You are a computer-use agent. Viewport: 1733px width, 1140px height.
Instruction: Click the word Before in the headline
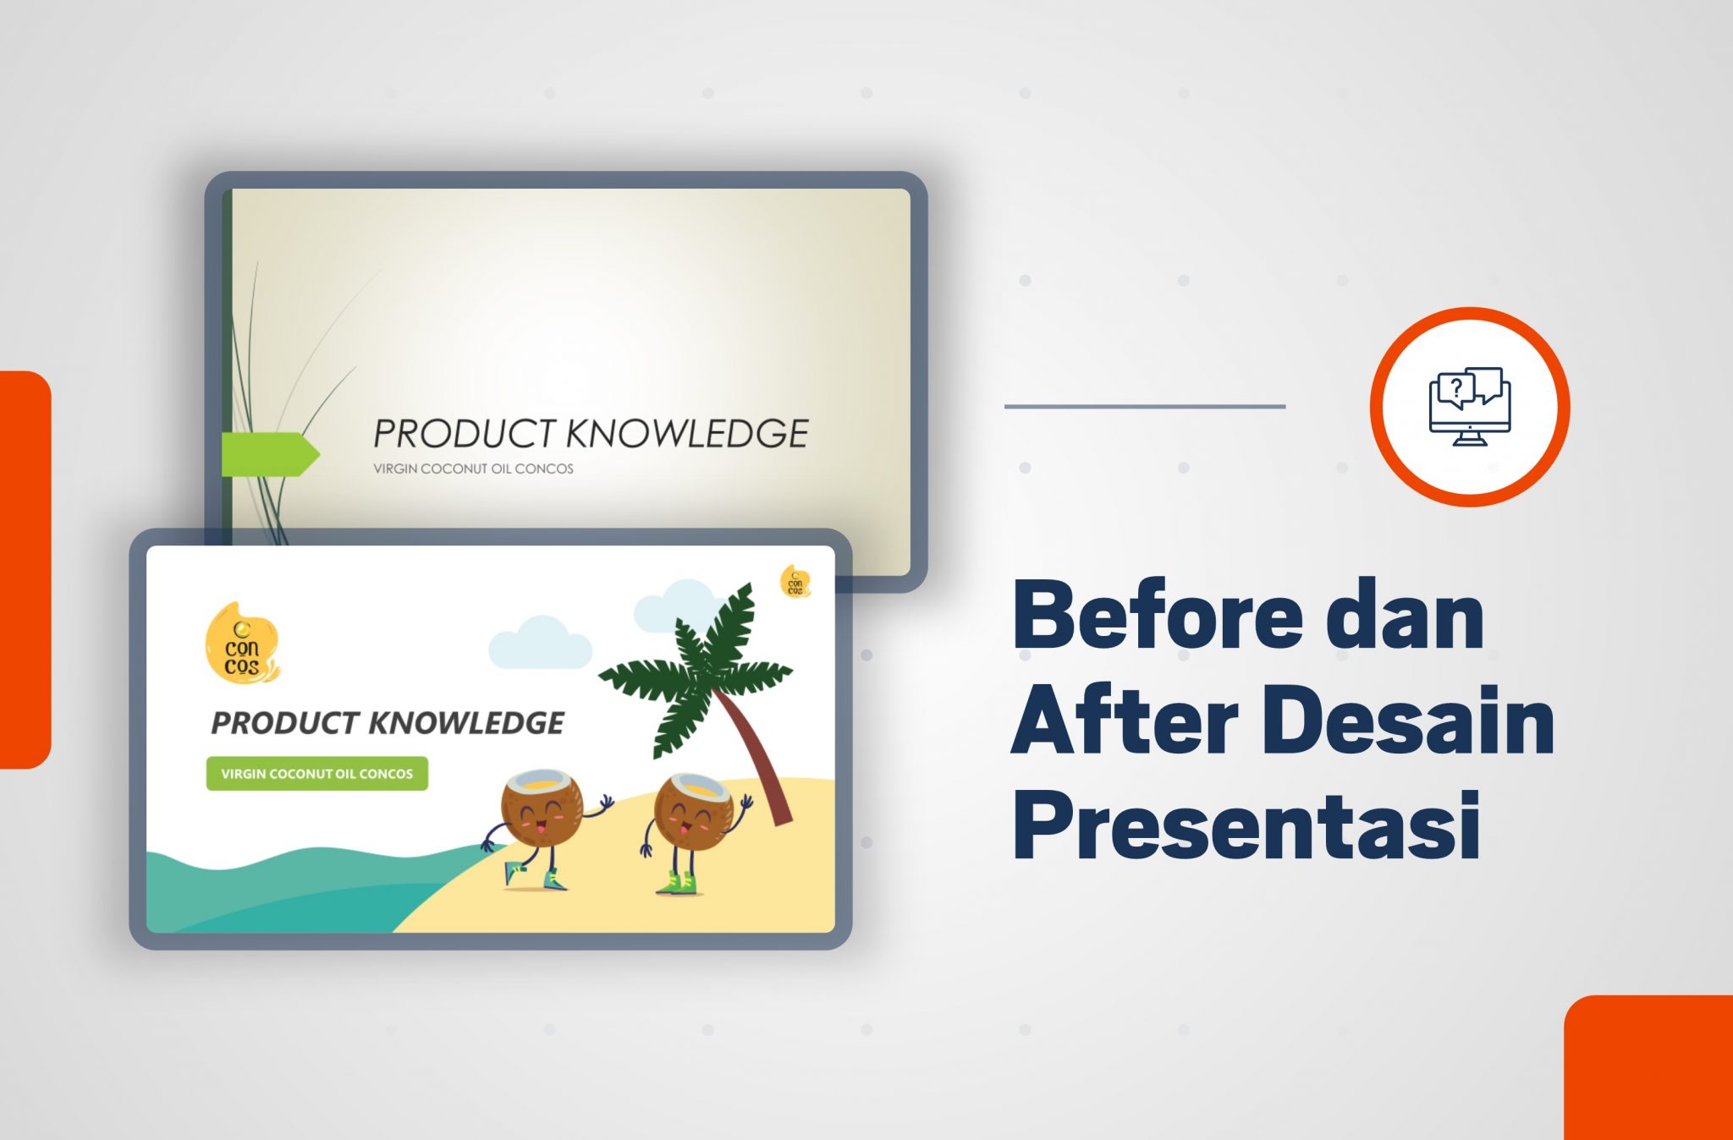coord(1158,615)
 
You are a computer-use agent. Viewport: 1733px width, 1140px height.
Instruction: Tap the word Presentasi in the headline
coord(1246,825)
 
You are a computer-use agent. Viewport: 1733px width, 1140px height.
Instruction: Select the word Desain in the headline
coord(1412,720)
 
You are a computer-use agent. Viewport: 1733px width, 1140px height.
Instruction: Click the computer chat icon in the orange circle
coord(1470,406)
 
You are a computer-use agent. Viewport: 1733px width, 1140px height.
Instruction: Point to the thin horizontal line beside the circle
coord(1145,406)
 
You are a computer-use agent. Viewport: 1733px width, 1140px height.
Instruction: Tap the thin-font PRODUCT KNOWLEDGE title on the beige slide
coord(591,433)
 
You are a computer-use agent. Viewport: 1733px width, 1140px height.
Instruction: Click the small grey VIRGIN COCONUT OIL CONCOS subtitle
coord(473,469)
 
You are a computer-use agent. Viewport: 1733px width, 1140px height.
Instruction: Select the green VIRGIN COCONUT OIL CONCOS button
coord(317,774)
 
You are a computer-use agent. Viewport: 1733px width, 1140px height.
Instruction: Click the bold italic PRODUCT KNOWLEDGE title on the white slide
coord(388,723)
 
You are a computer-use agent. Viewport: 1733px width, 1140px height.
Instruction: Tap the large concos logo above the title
coord(242,643)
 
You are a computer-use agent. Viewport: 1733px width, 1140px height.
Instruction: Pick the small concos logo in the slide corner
coord(795,582)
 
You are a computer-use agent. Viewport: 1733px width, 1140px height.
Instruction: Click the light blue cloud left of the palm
coord(540,643)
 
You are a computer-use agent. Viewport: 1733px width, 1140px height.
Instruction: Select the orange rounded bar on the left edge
coord(25,569)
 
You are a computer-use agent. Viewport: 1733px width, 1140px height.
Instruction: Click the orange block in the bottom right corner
coord(1648,1068)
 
